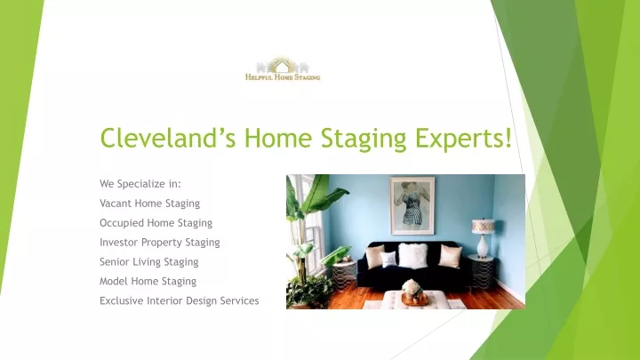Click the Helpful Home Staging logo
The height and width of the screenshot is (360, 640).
[283, 69]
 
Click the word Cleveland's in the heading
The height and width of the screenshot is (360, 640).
[168, 138]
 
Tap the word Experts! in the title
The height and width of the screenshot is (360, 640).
[463, 139]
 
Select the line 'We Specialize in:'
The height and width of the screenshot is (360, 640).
[140, 184]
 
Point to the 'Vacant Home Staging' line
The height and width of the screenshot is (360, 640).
[150, 204]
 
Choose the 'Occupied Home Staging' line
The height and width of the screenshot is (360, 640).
[156, 223]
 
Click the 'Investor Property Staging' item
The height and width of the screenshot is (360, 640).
[160, 243]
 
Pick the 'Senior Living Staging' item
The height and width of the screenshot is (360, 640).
[149, 262]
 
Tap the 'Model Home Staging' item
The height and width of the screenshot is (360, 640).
[148, 282]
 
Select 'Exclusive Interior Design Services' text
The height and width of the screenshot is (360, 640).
[180, 300]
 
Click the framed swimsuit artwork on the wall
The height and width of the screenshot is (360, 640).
[412, 205]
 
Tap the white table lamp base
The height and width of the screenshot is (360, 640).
[483, 246]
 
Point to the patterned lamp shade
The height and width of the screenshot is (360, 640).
[484, 227]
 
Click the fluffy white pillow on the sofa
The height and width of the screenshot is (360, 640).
[412, 255]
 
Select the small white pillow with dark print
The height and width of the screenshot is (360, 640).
[388, 260]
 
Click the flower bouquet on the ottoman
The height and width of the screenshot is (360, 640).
[412, 287]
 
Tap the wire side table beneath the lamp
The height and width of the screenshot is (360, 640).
[482, 272]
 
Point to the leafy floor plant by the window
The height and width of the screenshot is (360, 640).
[309, 245]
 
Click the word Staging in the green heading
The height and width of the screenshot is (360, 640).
[364, 139]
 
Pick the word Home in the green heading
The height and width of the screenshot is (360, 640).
[278, 138]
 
